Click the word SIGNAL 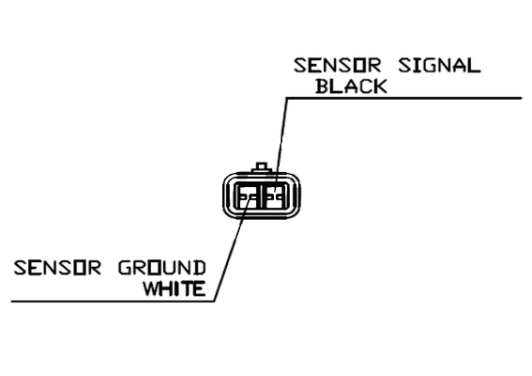pyautogui.click(x=439, y=65)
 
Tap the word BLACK pyautogui.click(x=351, y=86)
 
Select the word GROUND pyautogui.click(x=161, y=268)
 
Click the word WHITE pyautogui.click(x=175, y=289)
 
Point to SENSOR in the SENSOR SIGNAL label pyautogui.click(x=337, y=65)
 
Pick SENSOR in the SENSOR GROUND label pyautogui.click(x=57, y=268)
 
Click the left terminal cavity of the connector pyautogui.click(x=247, y=196)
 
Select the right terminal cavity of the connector pyautogui.click(x=276, y=196)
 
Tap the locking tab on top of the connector pyautogui.click(x=261, y=167)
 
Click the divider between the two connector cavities pyautogui.click(x=261, y=196)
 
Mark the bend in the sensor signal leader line pyautogui.click(x=287, y=99)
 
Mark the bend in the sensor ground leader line pyautogui.click(x=215, y=301)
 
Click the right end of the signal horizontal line pyautogui.click(x=522, y=99)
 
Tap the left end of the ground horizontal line pyautogui.click(x=11, y=301)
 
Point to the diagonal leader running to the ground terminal pyautogui.click(x=233, y=249)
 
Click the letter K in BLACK pyautogui.click(x=380, y=86)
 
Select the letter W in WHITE pyautogui.click(x=151, y=289)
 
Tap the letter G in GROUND pyautogui.click(x=125, y=268)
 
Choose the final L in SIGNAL pyautogui.click(x=475, y=65)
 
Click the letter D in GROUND pyautogui.click(x=200, y=268)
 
